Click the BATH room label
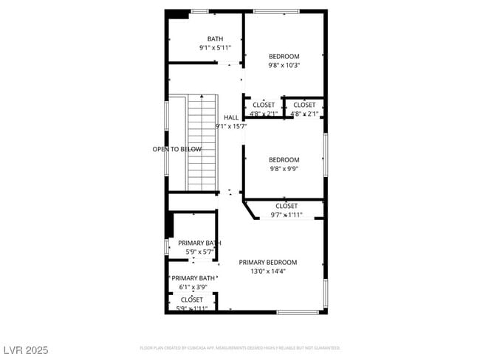[x=215, y=39]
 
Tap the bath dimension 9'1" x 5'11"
[x=215, y=48]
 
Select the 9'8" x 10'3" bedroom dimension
[x=284, y=65]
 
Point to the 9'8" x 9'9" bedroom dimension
[x=284, y=168]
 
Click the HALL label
[x=231, y=117]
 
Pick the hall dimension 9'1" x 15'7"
[x=231, y=126]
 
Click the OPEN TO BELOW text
[x=177, y=149]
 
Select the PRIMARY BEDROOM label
[x=268, y=262]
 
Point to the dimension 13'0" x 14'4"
[x=268, y=271]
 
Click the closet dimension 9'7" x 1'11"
[x=287, y=215]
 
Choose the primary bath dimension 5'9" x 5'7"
[x=199, y=252]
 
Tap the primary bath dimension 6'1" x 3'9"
[x=193, y=287]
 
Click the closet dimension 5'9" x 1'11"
[x=192, y=308]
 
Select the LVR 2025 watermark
[x=25, y=350]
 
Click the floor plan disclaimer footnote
[x=240, y=347]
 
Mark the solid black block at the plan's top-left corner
[x=177, y=14]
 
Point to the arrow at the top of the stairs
[x=202, y=97]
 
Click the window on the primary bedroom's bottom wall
[x=298, y=312]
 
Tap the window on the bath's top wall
[x=199, y=11]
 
